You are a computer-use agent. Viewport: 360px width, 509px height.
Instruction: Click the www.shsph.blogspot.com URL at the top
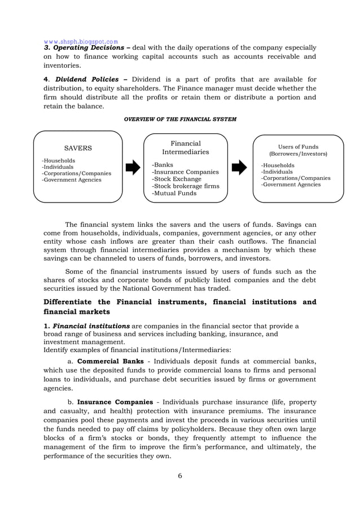click(81, 41)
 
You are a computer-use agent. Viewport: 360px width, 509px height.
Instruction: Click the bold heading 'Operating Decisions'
click(89, 48)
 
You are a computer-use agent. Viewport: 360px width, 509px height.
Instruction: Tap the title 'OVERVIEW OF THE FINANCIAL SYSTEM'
click(180, 119)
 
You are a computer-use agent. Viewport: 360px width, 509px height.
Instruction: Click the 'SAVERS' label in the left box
click(78, 148)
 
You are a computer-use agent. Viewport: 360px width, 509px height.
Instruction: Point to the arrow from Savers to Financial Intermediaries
click(133, 167)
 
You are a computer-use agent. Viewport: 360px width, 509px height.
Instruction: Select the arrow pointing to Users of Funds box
click(239, 167)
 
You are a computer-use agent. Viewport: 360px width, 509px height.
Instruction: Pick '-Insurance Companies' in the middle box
click(185, 172)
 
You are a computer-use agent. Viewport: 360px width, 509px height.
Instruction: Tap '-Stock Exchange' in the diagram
click(178, 179)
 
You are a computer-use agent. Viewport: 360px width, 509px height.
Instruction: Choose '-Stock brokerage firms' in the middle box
click(185, 186)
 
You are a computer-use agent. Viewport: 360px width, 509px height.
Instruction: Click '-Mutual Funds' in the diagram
click(174, 193)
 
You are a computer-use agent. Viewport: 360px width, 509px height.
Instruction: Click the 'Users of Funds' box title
click(298, 147)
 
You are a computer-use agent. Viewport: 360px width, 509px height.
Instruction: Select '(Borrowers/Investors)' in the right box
click(298, 153)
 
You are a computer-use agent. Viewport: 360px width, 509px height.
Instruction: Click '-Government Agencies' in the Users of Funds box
click(291, 185)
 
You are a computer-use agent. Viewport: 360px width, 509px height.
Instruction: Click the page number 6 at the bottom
click(180, 475)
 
